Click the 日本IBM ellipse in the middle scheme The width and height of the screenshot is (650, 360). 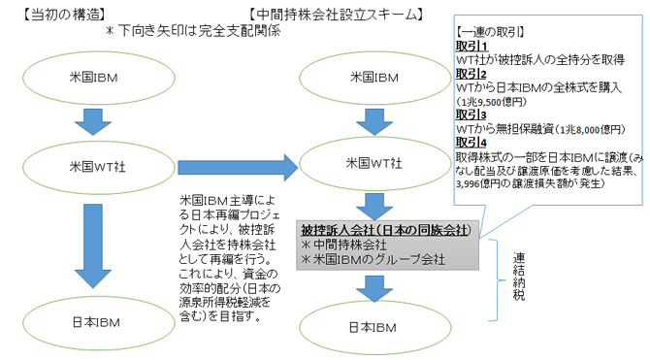pos(372,326)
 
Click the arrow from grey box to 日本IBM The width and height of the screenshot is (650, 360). pos(372,286)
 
